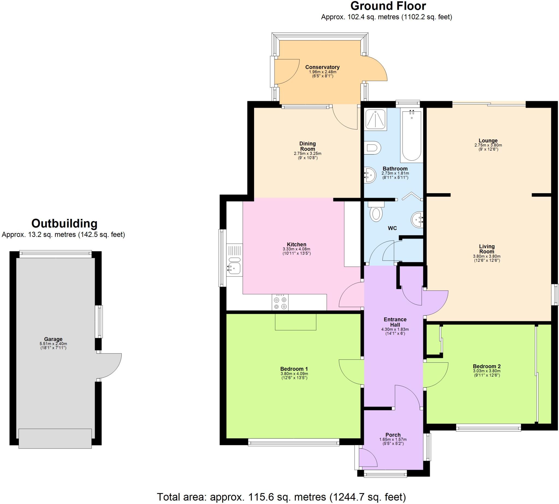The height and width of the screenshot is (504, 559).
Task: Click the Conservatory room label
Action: [x=322, y=67]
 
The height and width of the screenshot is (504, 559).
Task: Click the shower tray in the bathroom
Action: [x=376, y=119]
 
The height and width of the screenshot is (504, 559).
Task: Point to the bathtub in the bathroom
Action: [x=412, y=136]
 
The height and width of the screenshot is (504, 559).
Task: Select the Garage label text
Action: [x=53, y=339]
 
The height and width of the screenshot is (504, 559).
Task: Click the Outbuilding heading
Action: [x=64, y=223]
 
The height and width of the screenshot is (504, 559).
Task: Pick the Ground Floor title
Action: [x=388, y=6]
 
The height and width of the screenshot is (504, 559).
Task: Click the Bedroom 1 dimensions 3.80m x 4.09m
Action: [x=294, y=374]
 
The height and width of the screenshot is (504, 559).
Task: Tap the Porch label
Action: [x=393, y=435]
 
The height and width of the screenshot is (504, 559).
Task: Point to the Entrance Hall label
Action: [x=395, y=322]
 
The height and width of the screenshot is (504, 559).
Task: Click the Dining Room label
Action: [x=308, y=146]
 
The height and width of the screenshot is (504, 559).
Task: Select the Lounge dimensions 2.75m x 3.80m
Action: [x=488, y=145]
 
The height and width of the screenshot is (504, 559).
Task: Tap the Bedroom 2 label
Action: [x=487, y=366]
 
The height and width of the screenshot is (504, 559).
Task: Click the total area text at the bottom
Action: [x=281, y=497]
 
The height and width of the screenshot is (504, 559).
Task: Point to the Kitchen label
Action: [x=296, y=244]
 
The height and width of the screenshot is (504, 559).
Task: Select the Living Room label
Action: [x=487, y=249]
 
